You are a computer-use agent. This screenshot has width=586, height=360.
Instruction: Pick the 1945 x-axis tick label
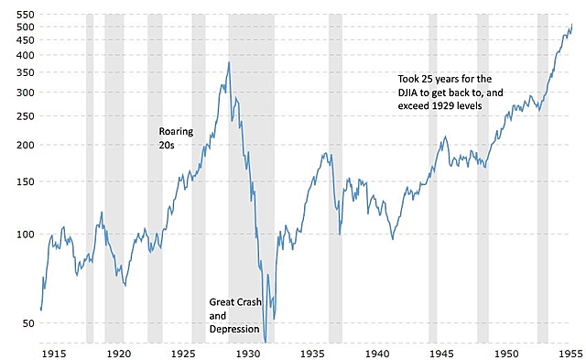(x=440, y=352)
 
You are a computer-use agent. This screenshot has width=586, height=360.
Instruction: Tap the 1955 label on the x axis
(x=570, y=352)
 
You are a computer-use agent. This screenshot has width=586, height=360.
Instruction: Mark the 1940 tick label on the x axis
(x=376, y=352)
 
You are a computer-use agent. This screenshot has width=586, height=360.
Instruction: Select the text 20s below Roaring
(x=167, y=145)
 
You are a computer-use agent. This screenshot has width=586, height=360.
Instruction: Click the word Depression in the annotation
(x=235, y=329)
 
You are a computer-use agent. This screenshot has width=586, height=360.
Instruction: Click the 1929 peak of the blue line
(x=229, y=62)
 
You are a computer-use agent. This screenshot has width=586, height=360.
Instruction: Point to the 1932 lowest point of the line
(x=266, y=342)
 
